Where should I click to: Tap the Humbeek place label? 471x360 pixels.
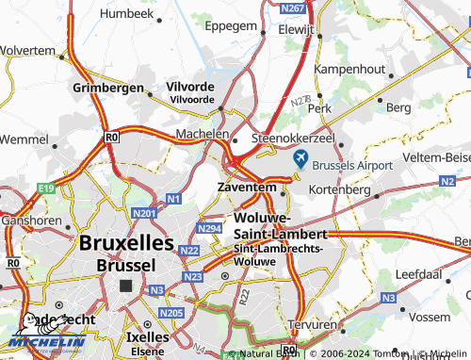coord(126,14)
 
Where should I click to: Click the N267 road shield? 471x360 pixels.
coord(294,8)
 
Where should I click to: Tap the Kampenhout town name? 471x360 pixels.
coord(350,69)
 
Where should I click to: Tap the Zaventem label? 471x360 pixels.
coord(247,188)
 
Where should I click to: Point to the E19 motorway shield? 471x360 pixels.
coord(47,190)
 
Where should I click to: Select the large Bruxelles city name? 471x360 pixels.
coord(126,243)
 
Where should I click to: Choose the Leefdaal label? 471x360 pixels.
coord(419,273)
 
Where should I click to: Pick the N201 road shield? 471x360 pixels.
coord(144,215)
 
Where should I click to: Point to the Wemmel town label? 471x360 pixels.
coord(23,139)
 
